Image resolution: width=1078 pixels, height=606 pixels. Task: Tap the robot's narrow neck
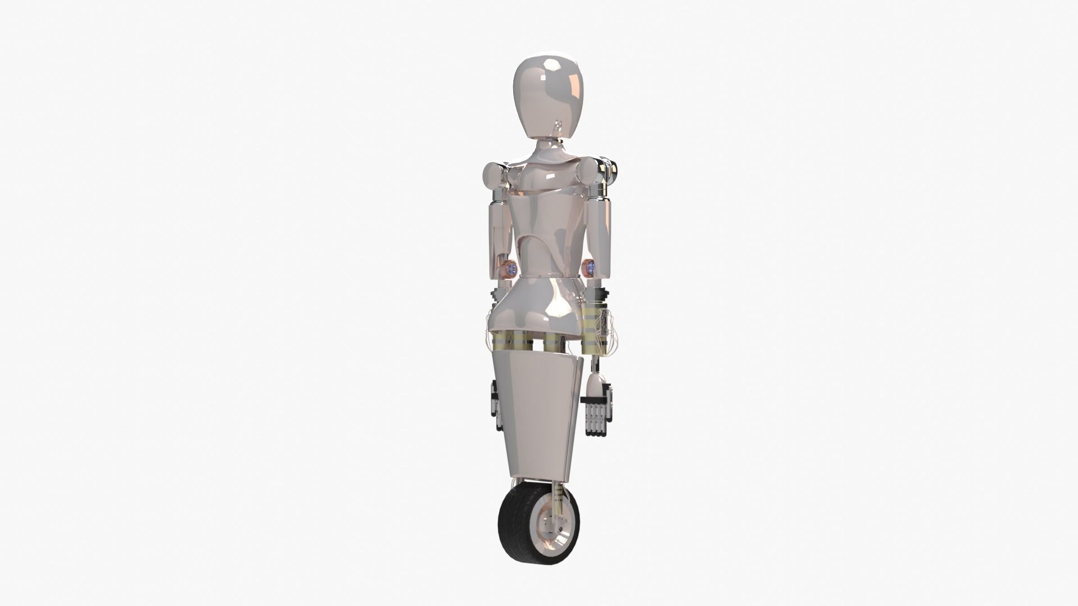[x=543, y=147]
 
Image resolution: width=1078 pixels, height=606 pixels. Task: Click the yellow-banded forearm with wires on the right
[x=595, y=325]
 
